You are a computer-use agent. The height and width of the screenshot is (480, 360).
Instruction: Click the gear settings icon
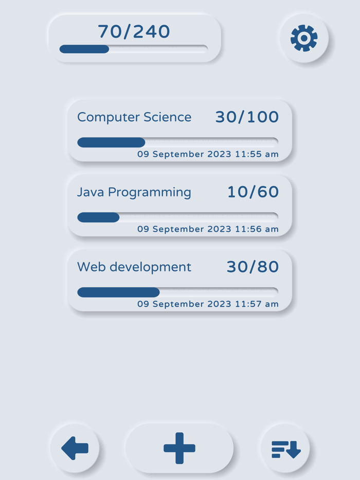pyautogui.click(x=304, y=39)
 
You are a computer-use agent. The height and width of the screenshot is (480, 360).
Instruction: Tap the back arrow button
pyautogui.click(x=75, y=448)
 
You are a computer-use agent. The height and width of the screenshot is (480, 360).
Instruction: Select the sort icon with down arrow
pyautogui.click(x=286, y=449)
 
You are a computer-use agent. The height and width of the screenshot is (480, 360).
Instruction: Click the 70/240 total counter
pyautogui.click(x=134, y=32)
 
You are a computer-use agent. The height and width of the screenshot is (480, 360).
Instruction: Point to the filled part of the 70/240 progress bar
pyautogui.click(x=84, y=49)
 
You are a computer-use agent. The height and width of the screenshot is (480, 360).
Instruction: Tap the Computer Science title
pyautogui.click(x=134, y=117)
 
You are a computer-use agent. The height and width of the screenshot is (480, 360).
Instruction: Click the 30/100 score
pyautogui.click(x=247, y=117)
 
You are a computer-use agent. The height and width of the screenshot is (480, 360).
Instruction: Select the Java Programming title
pyautogui.click(x=134, y=192)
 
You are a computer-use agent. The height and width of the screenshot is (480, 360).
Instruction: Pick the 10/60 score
pyautogui.click(x=253, y=192)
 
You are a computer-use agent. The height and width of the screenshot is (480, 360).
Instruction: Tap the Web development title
pyautogui.click(x=134, y=267)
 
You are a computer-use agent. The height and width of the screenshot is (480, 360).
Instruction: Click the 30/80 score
pyautogui.click(x=253, y=267)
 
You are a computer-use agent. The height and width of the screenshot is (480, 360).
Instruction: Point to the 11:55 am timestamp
pyautogui.click(x=208, y=154)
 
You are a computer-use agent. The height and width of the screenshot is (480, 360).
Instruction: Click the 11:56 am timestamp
pyautogui.click(x=208, y=229)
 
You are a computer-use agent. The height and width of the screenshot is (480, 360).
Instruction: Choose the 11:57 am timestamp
pyautogui.click(x=208, y=304)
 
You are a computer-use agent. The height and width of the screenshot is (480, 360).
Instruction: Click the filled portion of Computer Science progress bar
pyautogui.click(x=111, y=142)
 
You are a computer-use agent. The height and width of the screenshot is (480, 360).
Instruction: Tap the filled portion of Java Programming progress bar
pyautogui.click(x=98, y=217)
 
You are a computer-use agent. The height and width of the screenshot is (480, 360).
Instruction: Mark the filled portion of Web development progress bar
pyautogui.click(x=118, y=292)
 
